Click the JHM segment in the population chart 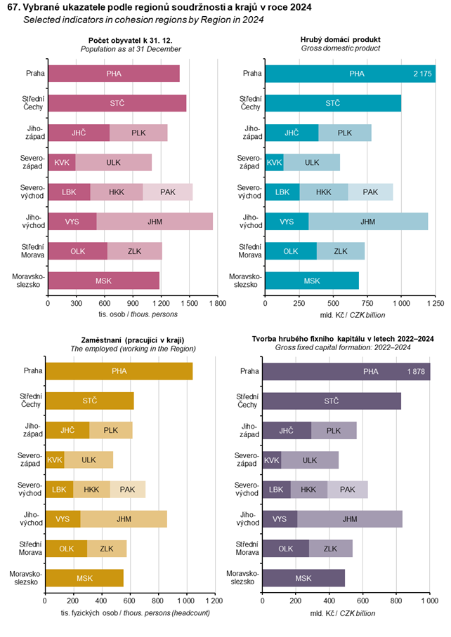click(x=155, y=221)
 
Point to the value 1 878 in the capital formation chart click(x=415, y=371)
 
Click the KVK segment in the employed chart click(x=54, y=460)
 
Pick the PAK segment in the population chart click(x=168, y=192)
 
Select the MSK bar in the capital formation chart click(x=303, y=578)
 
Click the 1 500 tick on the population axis click(x=189, y=304)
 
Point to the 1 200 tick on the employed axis click(x=216, y=601)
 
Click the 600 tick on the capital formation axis click(x=362, y=601)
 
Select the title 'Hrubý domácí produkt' click(x=341, y=39)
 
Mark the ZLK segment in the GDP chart click(x=341, y=250)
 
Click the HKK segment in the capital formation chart click(x=308, y=490)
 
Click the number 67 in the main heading click(x=12, y=7)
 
